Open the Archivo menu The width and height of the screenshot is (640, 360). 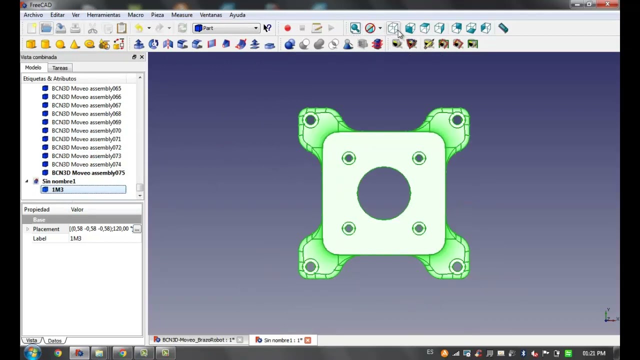coord(33,15)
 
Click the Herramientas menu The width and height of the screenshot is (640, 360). coord(103,15)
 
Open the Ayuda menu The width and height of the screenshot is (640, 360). coord(237,15)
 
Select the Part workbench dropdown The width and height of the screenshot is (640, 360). coord(226,28)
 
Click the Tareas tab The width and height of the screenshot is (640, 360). coord(59,68)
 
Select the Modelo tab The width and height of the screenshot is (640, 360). coord(33,67)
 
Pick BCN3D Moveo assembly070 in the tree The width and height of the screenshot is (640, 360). coord(86,130)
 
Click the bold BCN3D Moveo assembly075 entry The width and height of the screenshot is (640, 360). coord(88,173)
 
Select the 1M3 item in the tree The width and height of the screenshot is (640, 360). coord(57,189)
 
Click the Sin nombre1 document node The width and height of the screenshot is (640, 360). coord(58,181)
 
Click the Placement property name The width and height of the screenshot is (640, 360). coord(46,229)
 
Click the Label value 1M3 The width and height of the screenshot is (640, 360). coord(75,238)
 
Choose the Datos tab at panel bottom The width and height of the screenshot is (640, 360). coord(54,340)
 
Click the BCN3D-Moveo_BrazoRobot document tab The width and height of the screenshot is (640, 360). coord(198,340)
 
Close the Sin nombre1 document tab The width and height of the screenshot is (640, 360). coord(307,340)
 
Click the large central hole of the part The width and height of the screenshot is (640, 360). coord(383,193)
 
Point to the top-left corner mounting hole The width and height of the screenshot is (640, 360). coord(310,120)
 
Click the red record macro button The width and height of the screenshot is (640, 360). coord(287,28)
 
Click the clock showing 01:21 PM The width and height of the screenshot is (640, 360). coord(593,353)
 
